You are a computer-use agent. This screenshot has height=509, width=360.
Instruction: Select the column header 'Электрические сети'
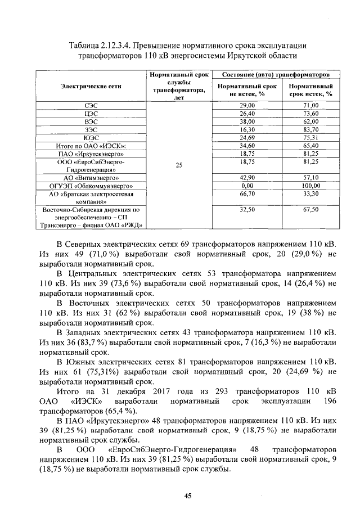pyautogui.click(x=91, y=86)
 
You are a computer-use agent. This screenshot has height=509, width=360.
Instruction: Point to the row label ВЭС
pyautogui.click(x=91, y=121)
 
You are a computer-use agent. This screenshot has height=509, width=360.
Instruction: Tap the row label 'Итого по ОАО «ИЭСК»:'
pyautogui.click(x=91, y=145)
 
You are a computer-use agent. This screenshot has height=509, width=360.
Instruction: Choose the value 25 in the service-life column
pyautogui.click(x=179, y=165)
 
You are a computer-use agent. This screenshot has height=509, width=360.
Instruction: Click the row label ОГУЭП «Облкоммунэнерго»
pyautogui.click(x=91, y=185)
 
